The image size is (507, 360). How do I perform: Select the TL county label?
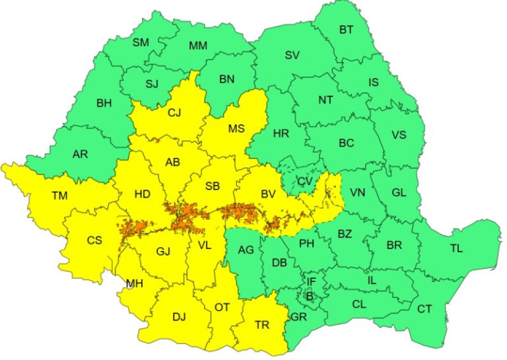tap(457, 248)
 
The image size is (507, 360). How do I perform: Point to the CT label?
tap(424, 308)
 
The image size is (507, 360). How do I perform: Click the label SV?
tap(292, 55)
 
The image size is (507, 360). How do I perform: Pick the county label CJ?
tap(174, 113)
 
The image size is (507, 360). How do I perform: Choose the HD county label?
tap(142, 194)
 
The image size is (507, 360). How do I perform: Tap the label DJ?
tap(179, 316)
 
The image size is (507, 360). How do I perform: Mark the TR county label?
tap(261, 324)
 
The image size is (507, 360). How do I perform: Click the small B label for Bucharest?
tap(309, 296)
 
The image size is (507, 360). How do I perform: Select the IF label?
tap(311, 282)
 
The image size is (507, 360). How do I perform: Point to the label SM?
tap(141, 42)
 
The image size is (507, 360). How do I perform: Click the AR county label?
tap(80, 155)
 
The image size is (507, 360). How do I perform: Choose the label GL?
tap(399, 192)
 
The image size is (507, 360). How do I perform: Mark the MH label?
tap(135, 283)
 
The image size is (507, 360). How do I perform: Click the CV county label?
tap(304, 181)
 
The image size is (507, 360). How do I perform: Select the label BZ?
tap(345, 234)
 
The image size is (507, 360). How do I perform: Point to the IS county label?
tap(374, 83)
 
